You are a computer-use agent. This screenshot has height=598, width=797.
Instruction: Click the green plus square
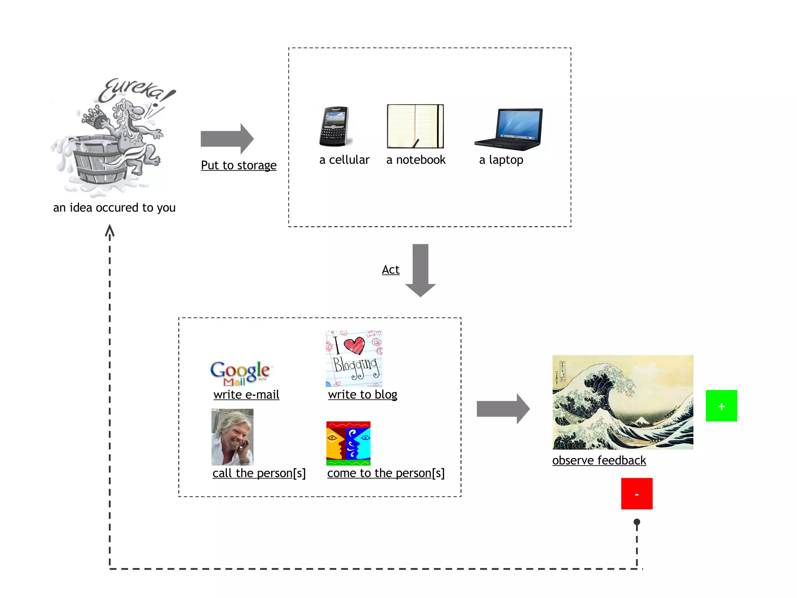point(721,406)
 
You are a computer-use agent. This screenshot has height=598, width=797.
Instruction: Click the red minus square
point(637,494)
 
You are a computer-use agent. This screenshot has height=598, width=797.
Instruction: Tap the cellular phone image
point(334,127)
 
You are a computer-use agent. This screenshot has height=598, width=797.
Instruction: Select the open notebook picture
point(415,126)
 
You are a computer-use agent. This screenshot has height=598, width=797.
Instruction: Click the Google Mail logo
point(240,373)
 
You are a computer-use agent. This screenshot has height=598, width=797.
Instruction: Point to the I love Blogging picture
point(354,359)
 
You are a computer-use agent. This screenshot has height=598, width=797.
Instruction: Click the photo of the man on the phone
point(232,437)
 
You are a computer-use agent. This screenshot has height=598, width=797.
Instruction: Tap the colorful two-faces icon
point(348,443)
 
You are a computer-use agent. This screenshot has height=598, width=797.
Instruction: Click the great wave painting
point(623,402)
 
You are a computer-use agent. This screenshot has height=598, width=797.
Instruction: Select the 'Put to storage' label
point(239,165)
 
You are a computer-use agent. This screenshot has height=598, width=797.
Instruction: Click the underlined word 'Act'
point(390,269)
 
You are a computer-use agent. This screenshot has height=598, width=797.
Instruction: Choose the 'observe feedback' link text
point(599,461)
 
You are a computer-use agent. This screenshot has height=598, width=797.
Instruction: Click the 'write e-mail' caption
point(246,395)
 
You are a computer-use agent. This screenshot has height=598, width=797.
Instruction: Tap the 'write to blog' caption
point(362,395)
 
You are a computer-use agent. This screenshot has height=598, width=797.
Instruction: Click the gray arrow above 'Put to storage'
point(227,139)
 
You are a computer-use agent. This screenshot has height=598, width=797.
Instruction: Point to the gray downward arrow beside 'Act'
point(420,270)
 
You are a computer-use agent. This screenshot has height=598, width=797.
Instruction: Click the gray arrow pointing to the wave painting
point(503,409)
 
